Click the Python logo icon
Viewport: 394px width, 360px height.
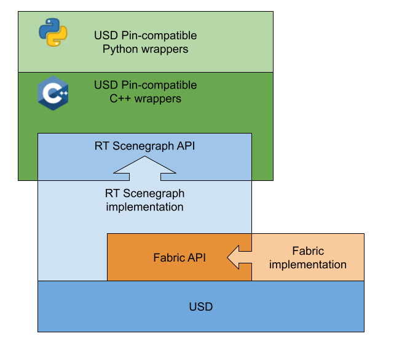coord(53,33)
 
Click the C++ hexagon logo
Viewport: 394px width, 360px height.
coord(53,94)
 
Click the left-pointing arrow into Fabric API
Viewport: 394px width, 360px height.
coord(239,257)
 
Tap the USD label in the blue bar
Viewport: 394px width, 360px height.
coord(201,306)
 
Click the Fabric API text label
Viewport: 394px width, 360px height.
coord(179,258)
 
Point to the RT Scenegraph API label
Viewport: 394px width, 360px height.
coord(145,146)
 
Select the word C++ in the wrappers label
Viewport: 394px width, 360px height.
coord(112,98)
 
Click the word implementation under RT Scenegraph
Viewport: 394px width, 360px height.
coord(145,207)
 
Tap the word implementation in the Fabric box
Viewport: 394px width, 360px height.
coord(308,265)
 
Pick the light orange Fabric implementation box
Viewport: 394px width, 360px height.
coord(308,257)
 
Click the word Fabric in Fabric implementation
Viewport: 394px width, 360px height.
coord(308,251)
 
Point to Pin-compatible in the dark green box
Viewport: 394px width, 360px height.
coord(159,85)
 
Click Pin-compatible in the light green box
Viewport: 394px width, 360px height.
coord(159,36)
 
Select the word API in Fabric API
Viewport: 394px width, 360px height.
coord(196,258)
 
